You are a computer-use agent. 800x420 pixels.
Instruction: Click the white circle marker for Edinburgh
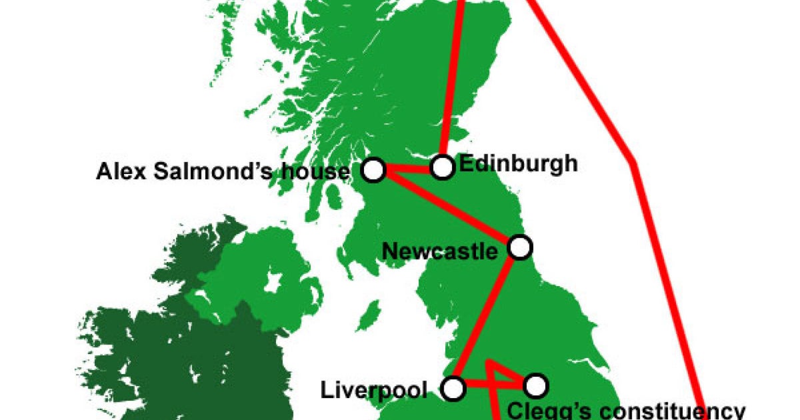[x=443, y=166]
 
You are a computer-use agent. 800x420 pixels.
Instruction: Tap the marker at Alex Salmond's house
[x=374, y=170]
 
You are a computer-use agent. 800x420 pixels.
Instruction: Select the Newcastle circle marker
[x=520, y=247]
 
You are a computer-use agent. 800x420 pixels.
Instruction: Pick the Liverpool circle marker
[x=454, y=387]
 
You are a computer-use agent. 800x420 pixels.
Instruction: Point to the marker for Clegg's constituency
[x=535, y=385]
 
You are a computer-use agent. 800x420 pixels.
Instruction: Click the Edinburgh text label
[x=519, y=164]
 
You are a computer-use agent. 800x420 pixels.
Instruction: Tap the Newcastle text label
[x=440, y=251]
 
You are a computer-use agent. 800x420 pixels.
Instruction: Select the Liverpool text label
[x=374, y=390]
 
